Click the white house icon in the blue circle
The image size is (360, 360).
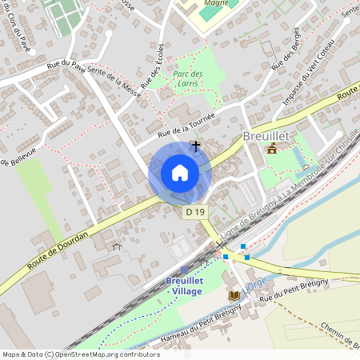pyautogui.click(x=180, y=173)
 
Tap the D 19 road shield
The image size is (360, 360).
pyautogui.click(x=196, y=213)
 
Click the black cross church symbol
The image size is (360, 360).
pyautogui.click(x=196, y=146)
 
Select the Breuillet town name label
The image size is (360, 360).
pyautogui.click(x=266, y=135)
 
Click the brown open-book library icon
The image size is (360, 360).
pyautogui.click(x=234, y=296)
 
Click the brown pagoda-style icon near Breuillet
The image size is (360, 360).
pyautogui.click(x=273, y=150)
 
